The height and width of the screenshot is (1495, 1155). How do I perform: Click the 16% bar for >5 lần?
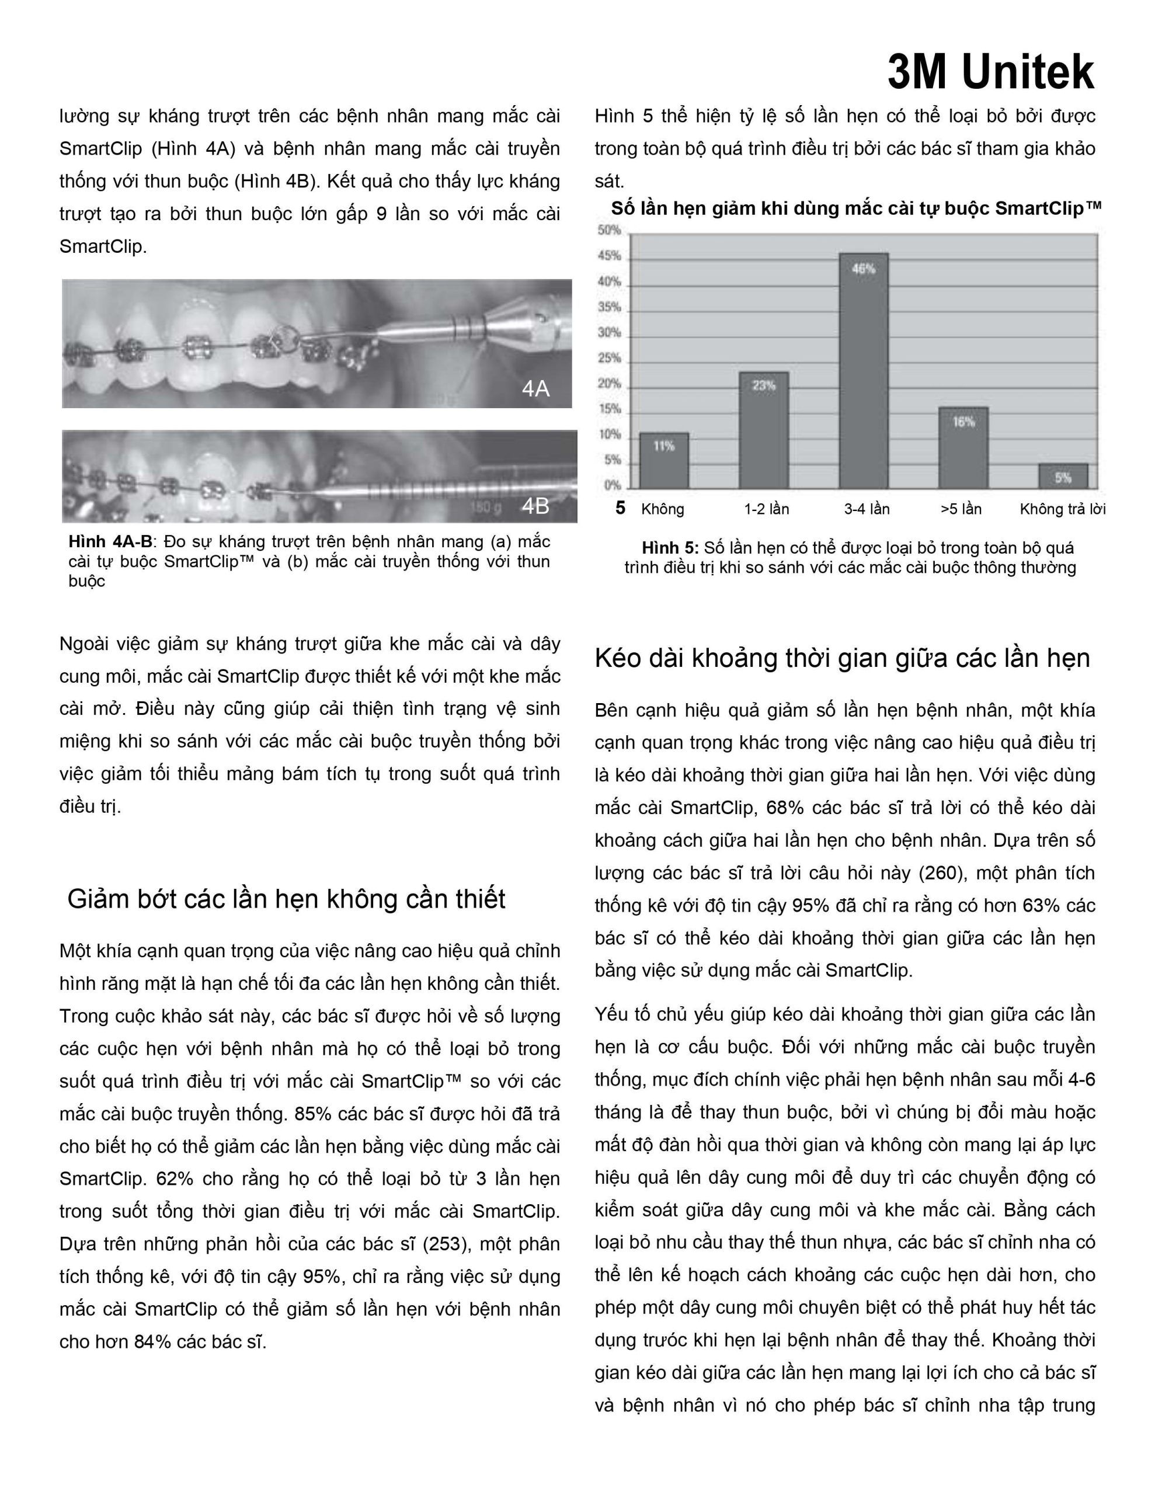pos(963,448)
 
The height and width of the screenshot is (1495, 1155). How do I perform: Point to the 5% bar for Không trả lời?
pos(1063,477)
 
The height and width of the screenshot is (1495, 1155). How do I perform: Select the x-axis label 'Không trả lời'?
pos(1063,509)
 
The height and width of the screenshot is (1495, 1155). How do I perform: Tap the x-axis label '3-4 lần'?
pos(867,509)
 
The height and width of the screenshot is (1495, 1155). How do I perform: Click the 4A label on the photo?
pos(535,389)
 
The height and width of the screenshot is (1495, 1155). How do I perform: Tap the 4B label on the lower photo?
pos(535,506)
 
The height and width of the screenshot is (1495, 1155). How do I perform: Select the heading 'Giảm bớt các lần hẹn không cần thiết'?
pos(286,899)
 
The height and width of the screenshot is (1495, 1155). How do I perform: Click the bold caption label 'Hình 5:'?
pos(670,548)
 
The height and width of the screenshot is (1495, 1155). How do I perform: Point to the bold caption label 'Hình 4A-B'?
pos(110,542)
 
